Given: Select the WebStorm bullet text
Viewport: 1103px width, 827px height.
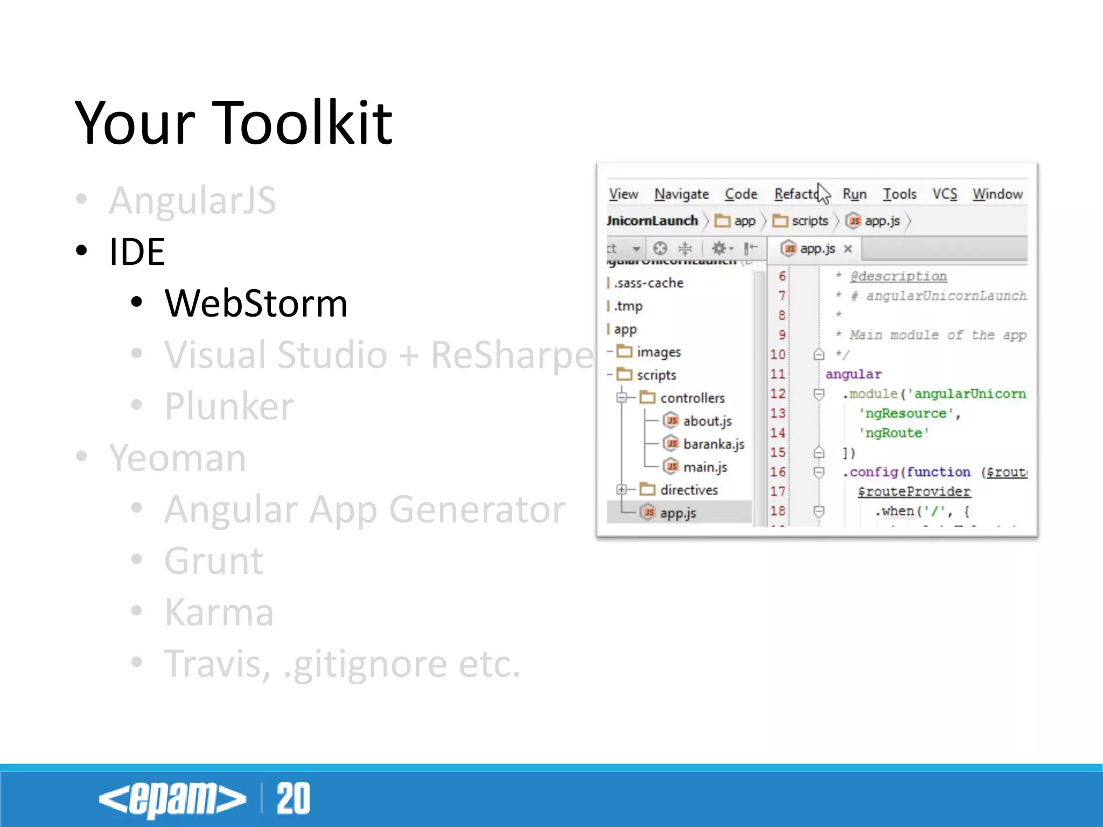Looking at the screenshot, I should click(x=256, y=304).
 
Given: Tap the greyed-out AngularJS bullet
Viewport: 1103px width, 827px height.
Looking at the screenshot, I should click(x=192, y=200).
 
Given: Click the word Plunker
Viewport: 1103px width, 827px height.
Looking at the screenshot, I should click(x=229, y=407).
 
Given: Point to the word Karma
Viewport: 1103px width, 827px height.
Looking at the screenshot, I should click(x=219, y=613).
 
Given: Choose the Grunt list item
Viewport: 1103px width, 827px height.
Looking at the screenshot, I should click(x=214, y=561).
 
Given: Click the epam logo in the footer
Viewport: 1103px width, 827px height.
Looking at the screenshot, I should click(x=172, y=799).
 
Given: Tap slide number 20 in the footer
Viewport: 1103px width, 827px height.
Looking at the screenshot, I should click(x=294, y=798).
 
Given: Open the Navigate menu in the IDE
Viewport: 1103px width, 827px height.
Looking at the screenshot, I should click(x=681, y=194).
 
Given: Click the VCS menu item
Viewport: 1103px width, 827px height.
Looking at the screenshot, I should click(x=945, y=194).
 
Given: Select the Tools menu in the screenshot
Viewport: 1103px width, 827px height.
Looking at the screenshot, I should click(x=899, y=194).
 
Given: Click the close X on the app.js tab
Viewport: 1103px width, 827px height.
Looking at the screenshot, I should click(x=848, y=249).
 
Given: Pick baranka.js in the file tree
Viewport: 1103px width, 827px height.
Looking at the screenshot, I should click(x=713, y=444).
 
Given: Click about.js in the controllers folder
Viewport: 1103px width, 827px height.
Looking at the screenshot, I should click(x=707, y=421).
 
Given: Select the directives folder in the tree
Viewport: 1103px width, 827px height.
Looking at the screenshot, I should click(x=689, y=490).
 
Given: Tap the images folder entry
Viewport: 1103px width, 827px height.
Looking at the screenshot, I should click(x=658, y=352).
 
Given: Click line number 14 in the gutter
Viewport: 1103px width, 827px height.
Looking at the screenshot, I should click(x=778, y=433).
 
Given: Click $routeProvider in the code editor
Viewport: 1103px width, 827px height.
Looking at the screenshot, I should click(x=914, y=492).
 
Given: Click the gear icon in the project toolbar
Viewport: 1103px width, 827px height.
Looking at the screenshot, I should click(x=719, y=248).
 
